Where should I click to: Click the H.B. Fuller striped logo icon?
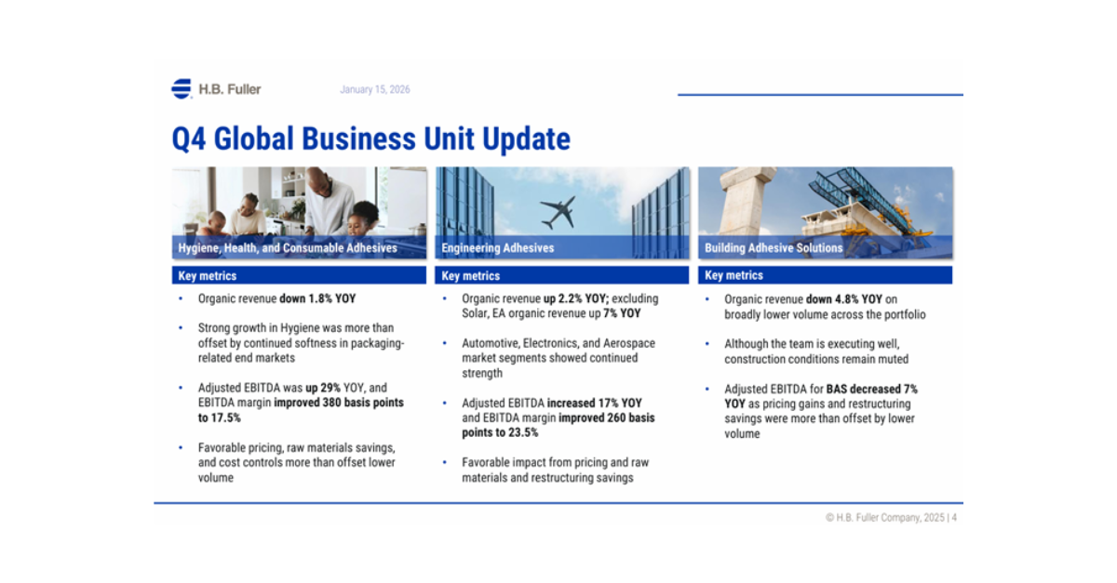182,88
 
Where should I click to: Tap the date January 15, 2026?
375,89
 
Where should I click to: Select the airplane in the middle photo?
558,212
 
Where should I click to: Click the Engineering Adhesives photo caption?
498,247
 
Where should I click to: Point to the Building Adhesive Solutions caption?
774,247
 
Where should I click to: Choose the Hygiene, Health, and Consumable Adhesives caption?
288,247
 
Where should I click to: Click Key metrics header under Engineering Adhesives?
471,275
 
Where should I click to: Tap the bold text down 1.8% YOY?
317,298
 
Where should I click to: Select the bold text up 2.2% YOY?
576,298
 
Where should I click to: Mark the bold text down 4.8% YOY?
844,299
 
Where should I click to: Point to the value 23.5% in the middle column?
522,432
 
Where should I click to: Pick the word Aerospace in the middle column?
629,343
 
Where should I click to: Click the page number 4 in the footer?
954,518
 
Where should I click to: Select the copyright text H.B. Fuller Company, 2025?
890,518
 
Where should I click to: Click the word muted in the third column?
894,359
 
